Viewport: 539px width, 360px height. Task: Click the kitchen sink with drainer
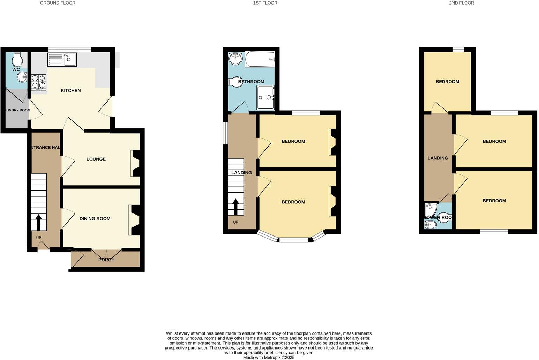(x=62, y=59)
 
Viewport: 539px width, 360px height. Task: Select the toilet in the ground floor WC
(x=16, y=60)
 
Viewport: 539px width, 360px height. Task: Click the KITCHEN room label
(x=71, y=91)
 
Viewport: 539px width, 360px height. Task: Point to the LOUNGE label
(x=96, y=159)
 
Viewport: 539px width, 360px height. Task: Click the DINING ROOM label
(x=95, y=219)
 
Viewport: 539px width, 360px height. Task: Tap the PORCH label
(x=106, y=260)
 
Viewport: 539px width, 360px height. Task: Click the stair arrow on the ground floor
(x=38, y=222)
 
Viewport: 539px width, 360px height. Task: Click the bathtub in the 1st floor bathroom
(x=260, y=59)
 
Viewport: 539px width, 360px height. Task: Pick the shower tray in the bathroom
(x=265, y=98)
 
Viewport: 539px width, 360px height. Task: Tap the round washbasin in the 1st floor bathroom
(x=235, y=59)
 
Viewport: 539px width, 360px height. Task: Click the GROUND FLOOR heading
(x=58, y=3)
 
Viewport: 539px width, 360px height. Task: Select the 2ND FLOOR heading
(x=461, y=3)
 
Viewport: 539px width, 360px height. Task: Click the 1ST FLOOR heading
(x=265, y=3)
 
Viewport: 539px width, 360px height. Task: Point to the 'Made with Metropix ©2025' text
(x=269, y=357)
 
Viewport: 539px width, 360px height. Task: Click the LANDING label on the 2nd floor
(x=437, y=158)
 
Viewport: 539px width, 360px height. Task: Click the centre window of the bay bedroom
(x=293, y=240)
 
